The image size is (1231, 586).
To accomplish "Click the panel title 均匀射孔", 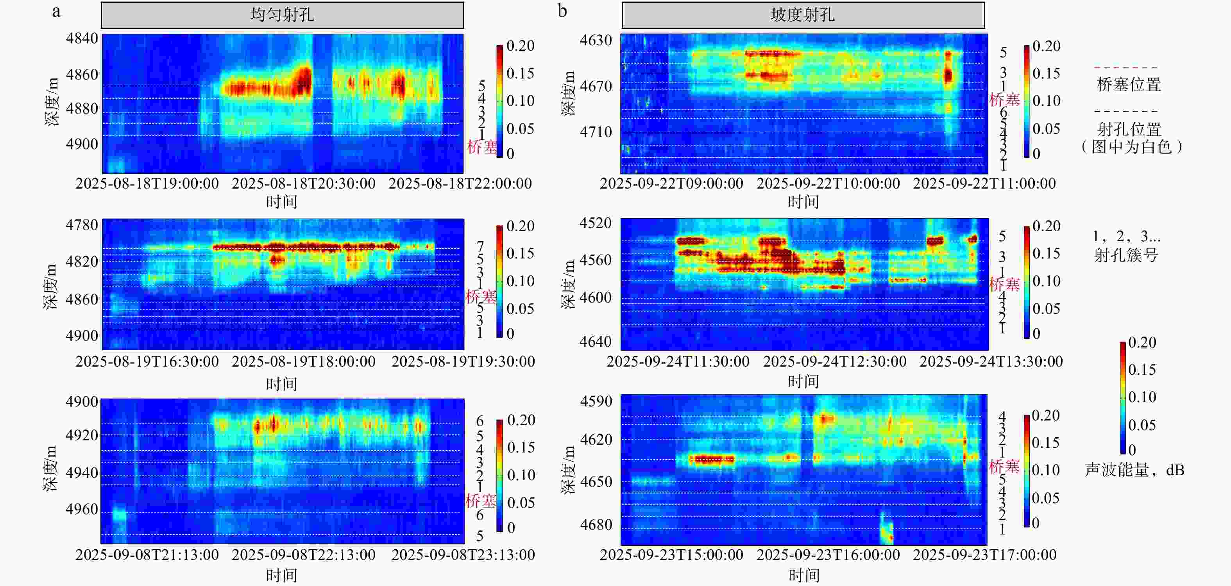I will click(282, 15).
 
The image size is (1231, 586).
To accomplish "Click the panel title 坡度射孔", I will click(802, 15).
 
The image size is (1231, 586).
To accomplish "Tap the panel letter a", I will click(56, 11).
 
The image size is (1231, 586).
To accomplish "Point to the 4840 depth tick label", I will click(82, 38).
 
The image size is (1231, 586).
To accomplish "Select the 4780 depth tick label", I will click(82, 224).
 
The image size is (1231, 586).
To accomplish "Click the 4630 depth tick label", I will click(596, 40).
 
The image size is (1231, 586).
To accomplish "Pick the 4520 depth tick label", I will click(596, 223).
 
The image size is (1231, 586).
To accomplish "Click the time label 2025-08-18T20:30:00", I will click(303, 183).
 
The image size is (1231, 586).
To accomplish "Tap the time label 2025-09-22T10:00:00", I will click(828, 183).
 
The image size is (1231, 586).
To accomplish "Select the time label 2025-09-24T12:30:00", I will click(834, 362).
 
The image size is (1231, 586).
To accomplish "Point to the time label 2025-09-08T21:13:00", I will click(147, 554).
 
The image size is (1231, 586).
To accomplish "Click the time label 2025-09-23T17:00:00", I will click(984, 554).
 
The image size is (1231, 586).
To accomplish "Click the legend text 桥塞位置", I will click(1129, 85).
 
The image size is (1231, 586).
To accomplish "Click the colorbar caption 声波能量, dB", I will click(1134, 470).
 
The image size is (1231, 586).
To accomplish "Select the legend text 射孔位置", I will click(1129, 129).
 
